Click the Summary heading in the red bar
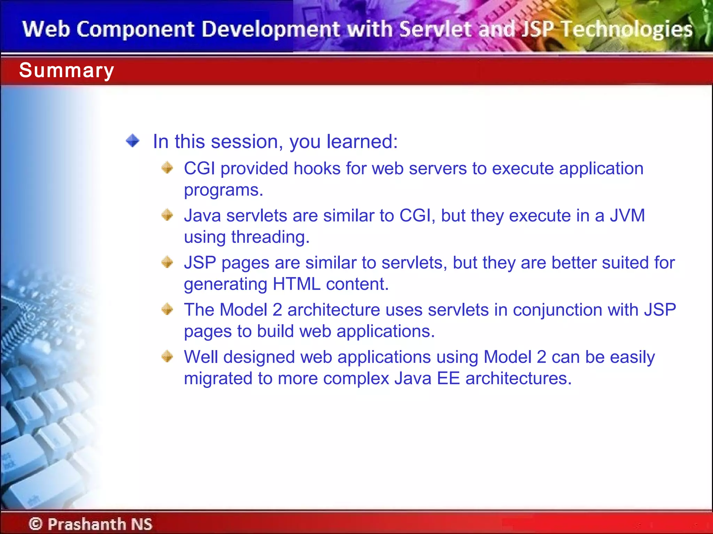(66, 71)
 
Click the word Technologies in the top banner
(627, 29)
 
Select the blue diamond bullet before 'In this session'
(133, 141)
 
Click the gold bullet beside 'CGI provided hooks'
(167, 168)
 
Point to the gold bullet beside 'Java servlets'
(167, 215)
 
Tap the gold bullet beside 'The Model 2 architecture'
(167, 309)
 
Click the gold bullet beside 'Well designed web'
(167, 356)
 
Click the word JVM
(627, 216)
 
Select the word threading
(270, 237)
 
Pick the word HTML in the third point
(296, 284)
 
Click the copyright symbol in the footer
(36, 524)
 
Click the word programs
(223, 191)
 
